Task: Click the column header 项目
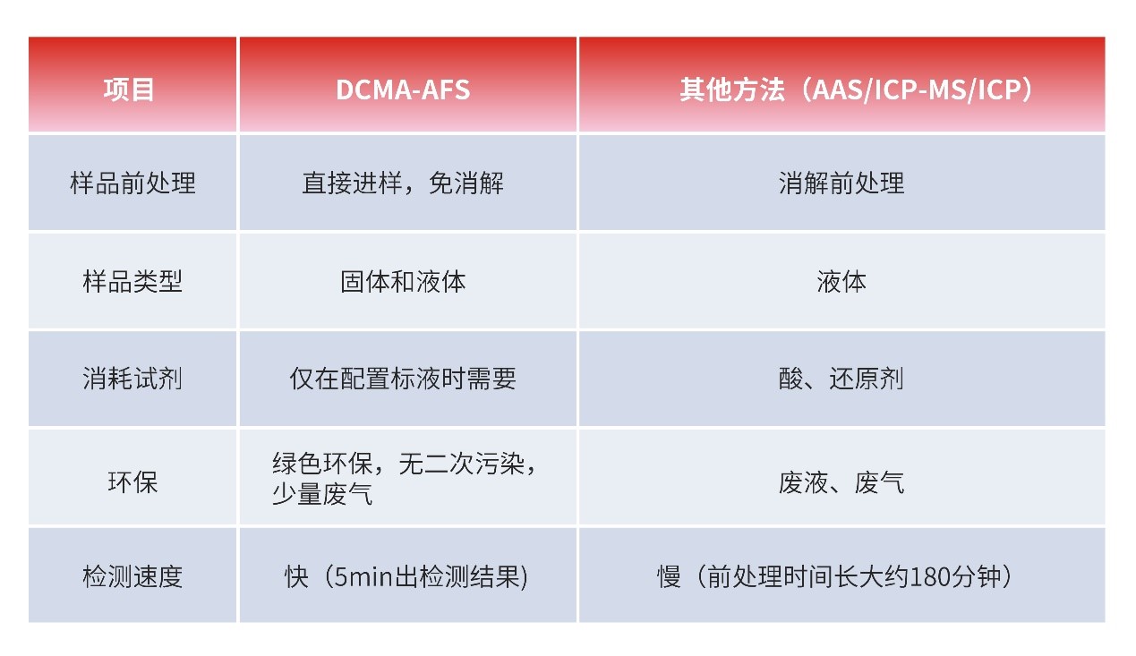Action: [x=129, y=89]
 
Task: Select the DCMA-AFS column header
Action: [x=403, y=89]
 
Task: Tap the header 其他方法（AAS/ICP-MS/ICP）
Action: [x=856, y=89]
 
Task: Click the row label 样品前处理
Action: [x=132, y=183]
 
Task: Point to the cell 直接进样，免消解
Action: [x=403, y=183]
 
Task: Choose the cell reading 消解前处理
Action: [x=841, y=183]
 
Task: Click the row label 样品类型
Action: [x=132, y=281]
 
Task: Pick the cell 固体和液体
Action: [x=403, y=281]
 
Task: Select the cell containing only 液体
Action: [x=841, y=281]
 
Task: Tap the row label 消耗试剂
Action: [x=132, y=379]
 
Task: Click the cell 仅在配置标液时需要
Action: [x=403, y=379]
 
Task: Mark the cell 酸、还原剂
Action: [x=841, y=379]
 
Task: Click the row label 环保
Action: [x=132, y=481]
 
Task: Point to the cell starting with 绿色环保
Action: [x=405, y=478]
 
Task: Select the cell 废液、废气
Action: [x=841, y=481]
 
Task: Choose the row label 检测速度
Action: [x=132, y=576]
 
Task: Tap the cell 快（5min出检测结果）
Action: [x=406, y=576]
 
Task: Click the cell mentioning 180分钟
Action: [x=835, y=576]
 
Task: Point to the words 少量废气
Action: [x=322, y=494]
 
